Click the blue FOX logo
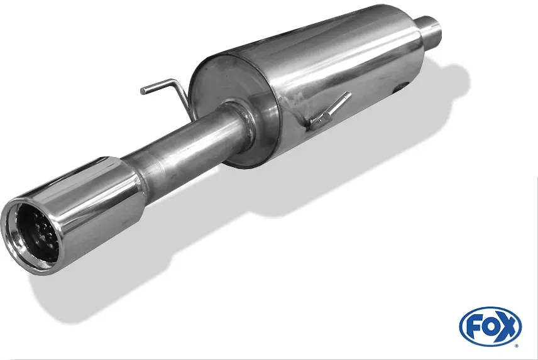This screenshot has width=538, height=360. point(490,327)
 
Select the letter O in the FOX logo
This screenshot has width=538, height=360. point(490,327)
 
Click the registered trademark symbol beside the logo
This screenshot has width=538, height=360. point(517,346)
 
